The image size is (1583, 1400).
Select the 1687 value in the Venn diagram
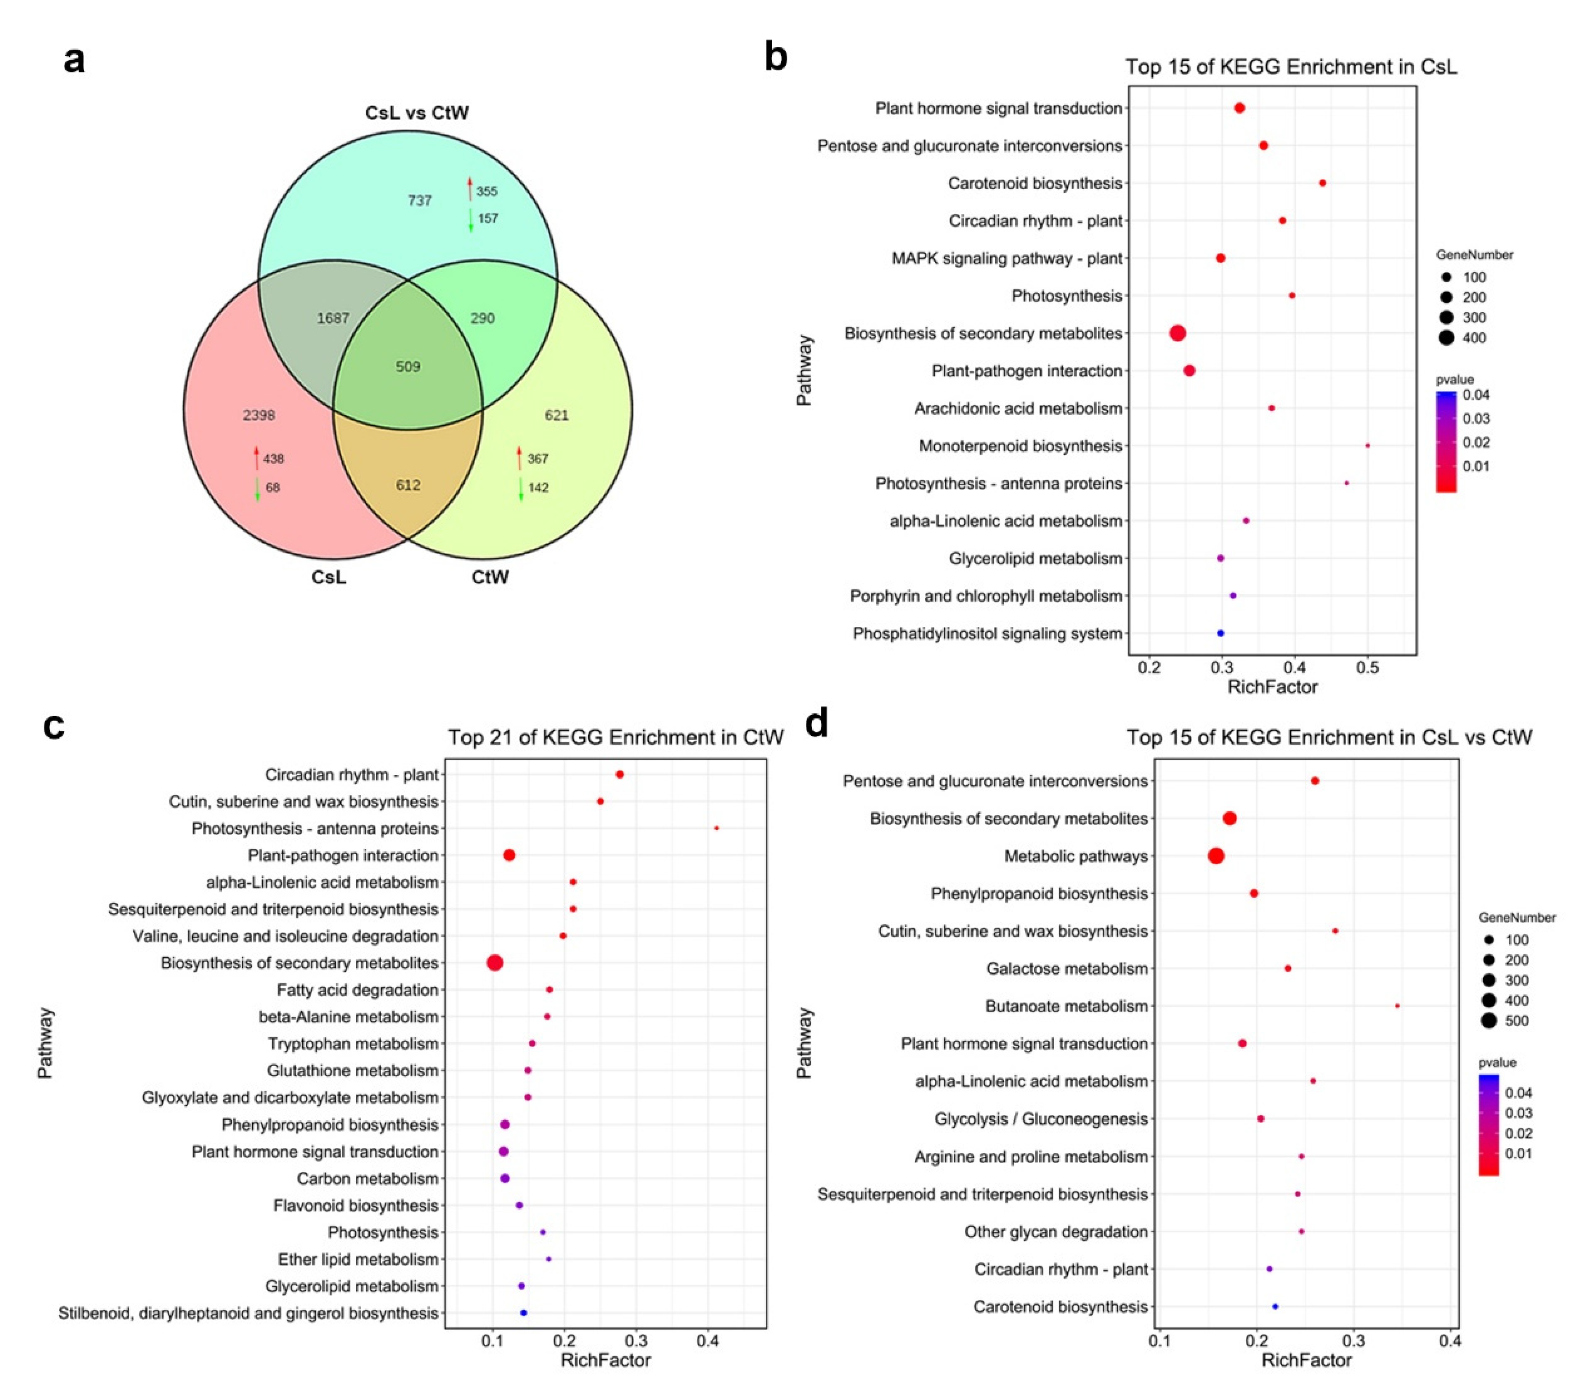point(333,318)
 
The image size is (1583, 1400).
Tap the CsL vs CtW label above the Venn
point(417,113)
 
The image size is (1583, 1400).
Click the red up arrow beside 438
point(256,458)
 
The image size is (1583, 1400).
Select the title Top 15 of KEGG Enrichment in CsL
point(1291,67)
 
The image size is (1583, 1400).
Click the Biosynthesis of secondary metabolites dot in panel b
point(1177,333)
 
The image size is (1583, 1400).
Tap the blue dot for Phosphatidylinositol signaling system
point(1221,633)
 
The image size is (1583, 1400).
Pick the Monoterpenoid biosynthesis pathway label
point(1020,446)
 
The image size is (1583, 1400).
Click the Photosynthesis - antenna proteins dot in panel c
point(717,828)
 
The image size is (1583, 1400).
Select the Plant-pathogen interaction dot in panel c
point(509,855)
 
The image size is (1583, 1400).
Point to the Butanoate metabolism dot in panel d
point(1397,1006)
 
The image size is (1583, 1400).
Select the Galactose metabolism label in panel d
point(1067,969)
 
